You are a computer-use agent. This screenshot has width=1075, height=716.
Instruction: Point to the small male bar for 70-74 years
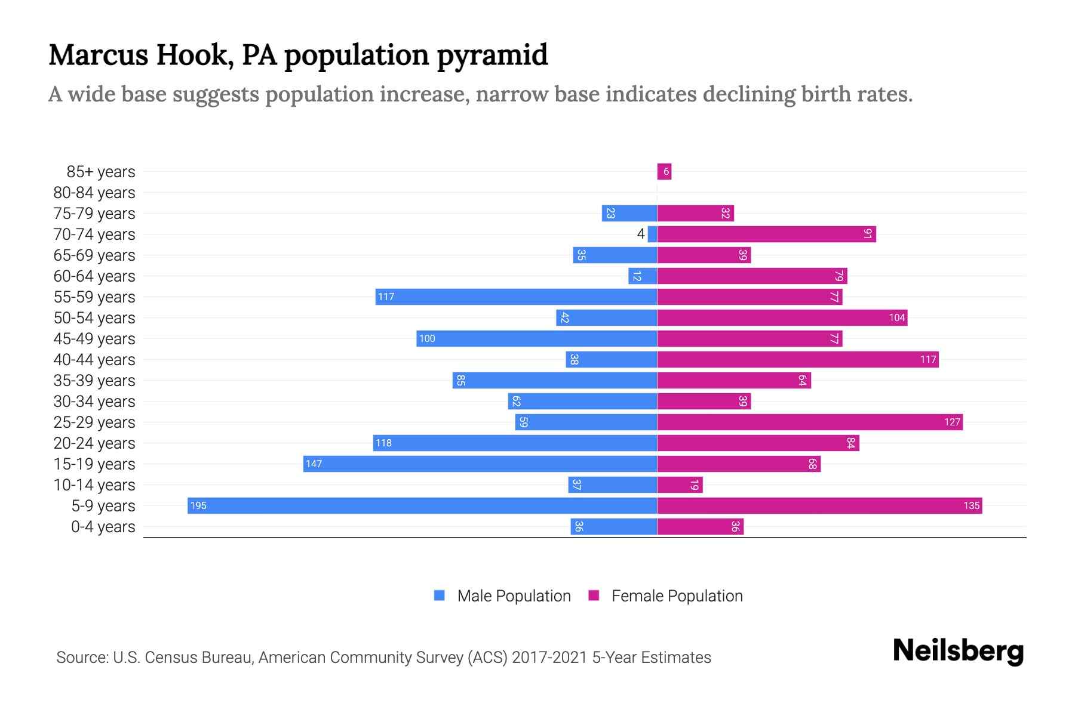(652, 234)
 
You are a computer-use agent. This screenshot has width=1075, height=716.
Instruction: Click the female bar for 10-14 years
(680, 484)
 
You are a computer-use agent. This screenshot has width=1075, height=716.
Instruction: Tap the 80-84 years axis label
(94, 192)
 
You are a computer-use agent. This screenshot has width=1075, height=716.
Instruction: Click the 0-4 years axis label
(103, 526)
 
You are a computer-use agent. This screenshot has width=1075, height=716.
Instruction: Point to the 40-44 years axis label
(94, 359)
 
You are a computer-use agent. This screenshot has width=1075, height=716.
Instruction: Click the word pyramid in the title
(492, 55)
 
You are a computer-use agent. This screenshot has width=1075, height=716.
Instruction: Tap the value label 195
(198, 505)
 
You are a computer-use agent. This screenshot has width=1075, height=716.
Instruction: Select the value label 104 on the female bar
(896, 317)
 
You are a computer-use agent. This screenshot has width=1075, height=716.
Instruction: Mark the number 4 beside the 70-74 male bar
(640, 234)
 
